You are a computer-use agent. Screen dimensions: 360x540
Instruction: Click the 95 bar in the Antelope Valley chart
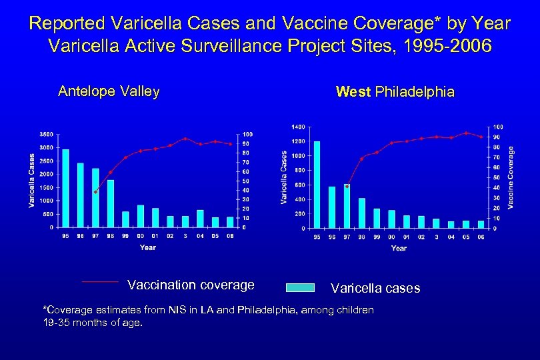(65, 188)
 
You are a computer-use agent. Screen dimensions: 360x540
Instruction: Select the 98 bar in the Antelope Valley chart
(111, 203)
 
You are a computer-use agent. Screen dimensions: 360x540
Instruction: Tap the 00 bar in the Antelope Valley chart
(141, 216)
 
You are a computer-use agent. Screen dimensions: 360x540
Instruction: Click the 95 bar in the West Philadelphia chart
(317, 185)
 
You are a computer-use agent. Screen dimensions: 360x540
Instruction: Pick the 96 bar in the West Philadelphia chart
(332, 207)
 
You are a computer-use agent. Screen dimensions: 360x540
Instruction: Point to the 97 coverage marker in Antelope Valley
(95, 192)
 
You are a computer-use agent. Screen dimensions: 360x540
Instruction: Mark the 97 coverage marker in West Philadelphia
(347, 186)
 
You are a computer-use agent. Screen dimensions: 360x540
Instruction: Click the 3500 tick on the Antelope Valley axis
(46, 134)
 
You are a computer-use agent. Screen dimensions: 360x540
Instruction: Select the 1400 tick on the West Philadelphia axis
(297, 127)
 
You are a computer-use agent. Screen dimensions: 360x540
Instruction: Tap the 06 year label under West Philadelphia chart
(481, 237)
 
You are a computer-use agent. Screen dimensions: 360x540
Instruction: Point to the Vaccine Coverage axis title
(511, 177)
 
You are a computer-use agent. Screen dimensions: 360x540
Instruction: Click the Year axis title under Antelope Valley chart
(148, 247)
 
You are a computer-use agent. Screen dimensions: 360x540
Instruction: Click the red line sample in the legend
(100, 282)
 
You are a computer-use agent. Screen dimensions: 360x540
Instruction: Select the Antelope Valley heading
(109, 91)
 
